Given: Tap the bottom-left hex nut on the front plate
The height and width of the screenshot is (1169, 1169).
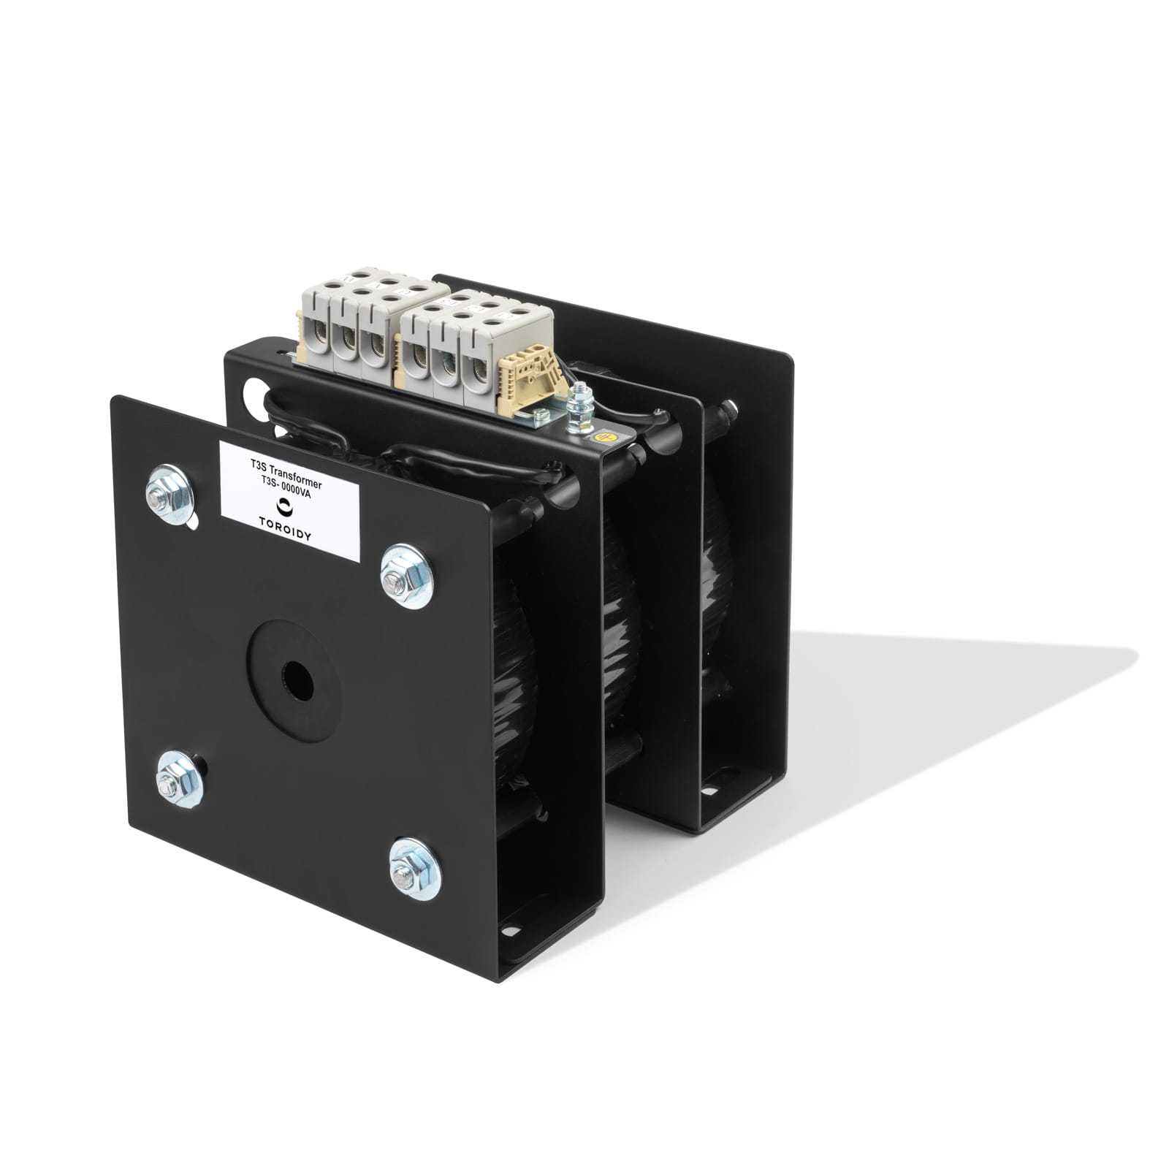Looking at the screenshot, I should pos(179,779).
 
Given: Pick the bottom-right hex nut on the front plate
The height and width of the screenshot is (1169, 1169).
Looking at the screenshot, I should pos(414,868).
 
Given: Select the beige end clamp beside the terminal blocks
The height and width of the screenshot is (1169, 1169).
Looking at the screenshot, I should pos(525,380).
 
